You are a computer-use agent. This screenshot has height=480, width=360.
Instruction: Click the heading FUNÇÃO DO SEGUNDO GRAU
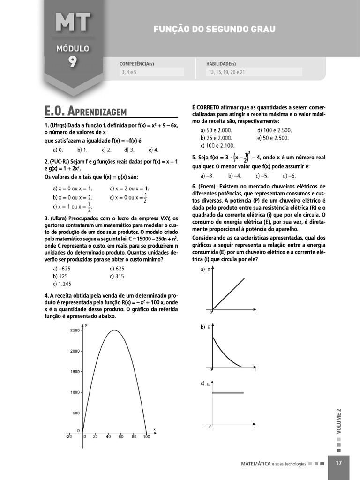(x=214, y=29)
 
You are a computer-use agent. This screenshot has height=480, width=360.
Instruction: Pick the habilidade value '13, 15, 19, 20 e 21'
(x=227, y=73)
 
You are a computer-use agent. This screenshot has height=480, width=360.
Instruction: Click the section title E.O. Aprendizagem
(x=86, y=111)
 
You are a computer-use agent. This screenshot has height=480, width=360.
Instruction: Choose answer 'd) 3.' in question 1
(x=129, y=150)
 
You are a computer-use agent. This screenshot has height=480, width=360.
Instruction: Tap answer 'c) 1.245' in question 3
(x=62, y=284)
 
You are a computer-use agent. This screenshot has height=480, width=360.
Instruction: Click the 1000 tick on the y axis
(x=75, y=392)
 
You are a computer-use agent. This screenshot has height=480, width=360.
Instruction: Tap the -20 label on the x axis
(x=69, y=437)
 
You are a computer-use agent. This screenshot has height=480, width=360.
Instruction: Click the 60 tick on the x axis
(x=121, y=437)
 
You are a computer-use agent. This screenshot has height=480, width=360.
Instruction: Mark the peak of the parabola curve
(x=115, y=330)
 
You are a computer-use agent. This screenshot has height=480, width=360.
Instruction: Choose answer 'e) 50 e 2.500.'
(x=273, y=138)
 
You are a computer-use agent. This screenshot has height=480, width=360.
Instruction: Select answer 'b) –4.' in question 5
(x=235, y=176)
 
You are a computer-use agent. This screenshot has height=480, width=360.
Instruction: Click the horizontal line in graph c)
(x=229, y=393)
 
